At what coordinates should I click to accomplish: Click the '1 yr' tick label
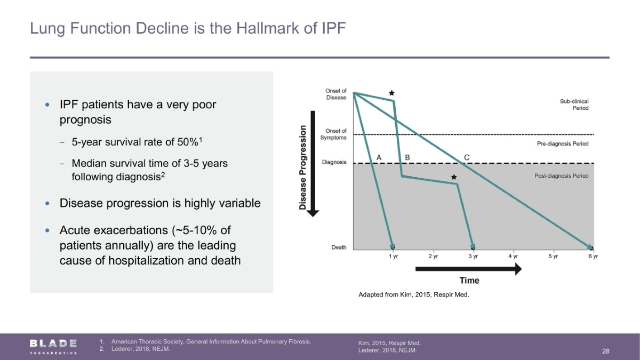tap(393, 257)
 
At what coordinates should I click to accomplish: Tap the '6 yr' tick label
tap(593, 257)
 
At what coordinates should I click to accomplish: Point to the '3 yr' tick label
tap(473, 257)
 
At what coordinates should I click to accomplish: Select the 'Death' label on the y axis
tap(339, 247)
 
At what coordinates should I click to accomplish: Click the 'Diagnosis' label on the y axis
tap(334, 162)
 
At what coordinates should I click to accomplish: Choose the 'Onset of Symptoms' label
tap(333, 134)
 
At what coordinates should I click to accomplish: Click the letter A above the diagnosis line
tap(379, 157)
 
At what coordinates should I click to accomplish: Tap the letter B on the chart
tap(407, 157)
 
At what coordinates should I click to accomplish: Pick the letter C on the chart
tap(467, 157)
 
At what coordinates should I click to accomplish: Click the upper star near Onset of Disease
tap(391, 93)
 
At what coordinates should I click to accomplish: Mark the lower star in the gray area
tap(454, 177)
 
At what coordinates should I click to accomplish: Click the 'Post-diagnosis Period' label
tap(562, 175)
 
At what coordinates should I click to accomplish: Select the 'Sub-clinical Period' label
tap(574, 105)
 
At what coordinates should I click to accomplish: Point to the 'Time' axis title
tap(469, 281)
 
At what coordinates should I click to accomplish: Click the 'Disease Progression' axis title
tap(302, 167)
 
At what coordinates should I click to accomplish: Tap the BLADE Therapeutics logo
tap(53, 347)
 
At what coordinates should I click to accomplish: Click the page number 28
tap(606, 351)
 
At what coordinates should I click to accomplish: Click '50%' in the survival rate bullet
tap(188, 142)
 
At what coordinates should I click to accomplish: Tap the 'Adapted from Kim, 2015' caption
tap(414, 294)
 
